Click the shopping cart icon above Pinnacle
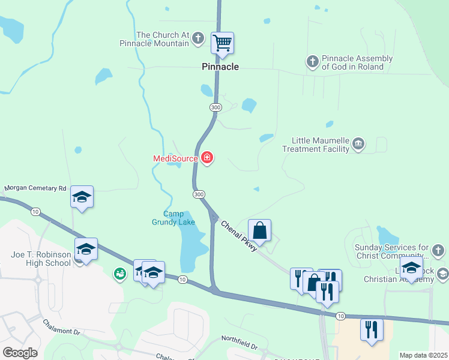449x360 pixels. coord(222,43)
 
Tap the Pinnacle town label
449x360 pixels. coord(220,67)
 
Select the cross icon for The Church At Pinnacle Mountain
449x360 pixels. coord(199,40)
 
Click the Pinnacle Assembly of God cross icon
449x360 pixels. coord(312,62)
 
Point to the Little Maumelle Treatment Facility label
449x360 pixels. coord(320,145)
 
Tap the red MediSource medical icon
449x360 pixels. coord(207,158)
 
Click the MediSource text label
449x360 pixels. coord(175,159)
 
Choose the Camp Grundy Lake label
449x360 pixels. coord(179,218)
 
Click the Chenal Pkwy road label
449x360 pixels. coord(240,236)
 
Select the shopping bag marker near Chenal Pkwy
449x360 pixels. coord(259,230)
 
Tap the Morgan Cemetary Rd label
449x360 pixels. coord(35,188)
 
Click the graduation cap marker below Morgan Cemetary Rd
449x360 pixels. coord(82,197)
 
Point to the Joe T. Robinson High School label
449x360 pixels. coord(41,259)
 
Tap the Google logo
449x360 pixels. coord(20,353)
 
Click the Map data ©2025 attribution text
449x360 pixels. coord(423,355)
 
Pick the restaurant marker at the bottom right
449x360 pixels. coord(372,329)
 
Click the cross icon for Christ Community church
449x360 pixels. coord(439,250)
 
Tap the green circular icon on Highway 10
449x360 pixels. coord(120,274)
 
